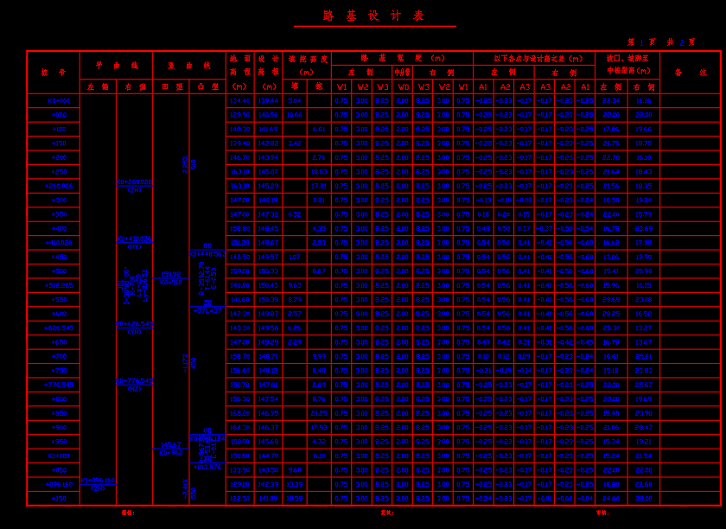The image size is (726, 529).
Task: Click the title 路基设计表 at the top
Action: click(x=374, y=16)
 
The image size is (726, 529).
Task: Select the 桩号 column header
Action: click(x=53, y=72)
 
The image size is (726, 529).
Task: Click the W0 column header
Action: click(x=403, y=86)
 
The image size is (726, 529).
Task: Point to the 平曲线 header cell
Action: click(x=117, y=65)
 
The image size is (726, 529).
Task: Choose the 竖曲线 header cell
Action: click(x=189, y=65)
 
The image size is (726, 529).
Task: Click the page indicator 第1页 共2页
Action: click(x=661, y=41)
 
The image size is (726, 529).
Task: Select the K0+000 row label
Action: click(x=53, y=101)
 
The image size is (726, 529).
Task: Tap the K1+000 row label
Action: click(x=53, y=456)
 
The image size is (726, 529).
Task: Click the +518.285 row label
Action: click(x=53, y=285)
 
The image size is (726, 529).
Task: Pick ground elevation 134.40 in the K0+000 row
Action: click(x=240, y=101)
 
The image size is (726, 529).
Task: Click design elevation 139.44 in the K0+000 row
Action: click(x=269, y=101)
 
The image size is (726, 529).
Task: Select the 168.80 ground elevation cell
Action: click(x=240, y=413)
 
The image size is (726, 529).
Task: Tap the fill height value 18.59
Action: click(x=295, y=498)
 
